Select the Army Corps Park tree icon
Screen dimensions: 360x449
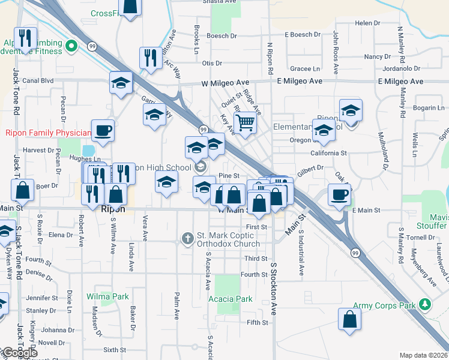click(426, 305)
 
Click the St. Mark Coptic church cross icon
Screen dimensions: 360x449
click(188, 239)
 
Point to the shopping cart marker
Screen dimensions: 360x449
click(245, 122)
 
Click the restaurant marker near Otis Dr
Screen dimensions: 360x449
click(150, 58)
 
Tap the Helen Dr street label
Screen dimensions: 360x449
click(364, 23)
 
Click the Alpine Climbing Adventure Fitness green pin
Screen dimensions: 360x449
click(71, 46)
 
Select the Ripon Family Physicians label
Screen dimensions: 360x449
click(49, 133)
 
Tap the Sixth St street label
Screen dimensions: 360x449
click(115, 349)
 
